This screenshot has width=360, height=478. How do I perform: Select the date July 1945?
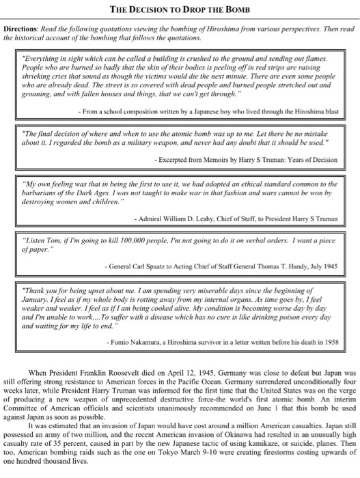(324, 266)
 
